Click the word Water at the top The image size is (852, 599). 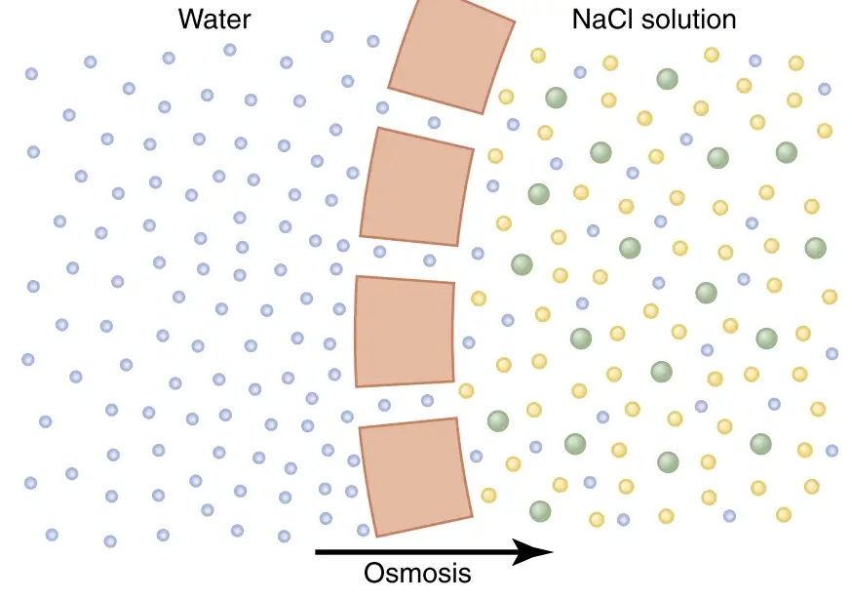click(x=214, y=20)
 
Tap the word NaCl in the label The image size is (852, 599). click(x=602, y=20)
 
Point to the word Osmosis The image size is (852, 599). click(x=417, y=573)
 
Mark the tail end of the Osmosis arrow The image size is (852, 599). click(x=316, y=552)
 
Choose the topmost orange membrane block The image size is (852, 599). click(x=451, y=56)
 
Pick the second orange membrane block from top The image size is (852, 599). click(x=417, y=186)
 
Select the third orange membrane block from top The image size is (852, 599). click(x=405, y=332)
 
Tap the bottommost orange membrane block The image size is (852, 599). click(x=415, y=477)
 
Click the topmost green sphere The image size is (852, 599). click(x=667, y=79)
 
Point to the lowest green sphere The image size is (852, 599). click(x=540, y=511)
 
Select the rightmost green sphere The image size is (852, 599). click(x=816, y=248)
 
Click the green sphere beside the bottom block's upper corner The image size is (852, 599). click(x=498, y=420)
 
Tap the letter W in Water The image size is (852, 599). click(x=190, y=20)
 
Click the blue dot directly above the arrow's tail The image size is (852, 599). click(x=326, y=518)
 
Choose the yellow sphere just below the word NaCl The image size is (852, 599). click(x=610, y=63)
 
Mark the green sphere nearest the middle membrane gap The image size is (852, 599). click(x=522, y=264)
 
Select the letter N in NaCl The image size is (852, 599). click(x=581, y=20)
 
